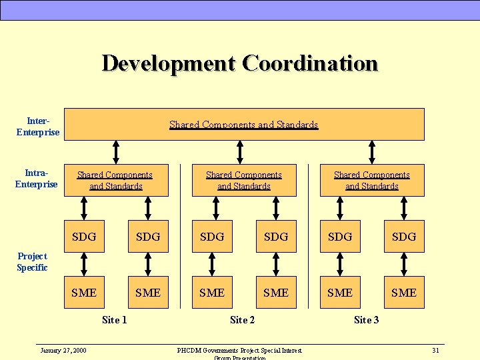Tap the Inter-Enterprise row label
pyautogui.click(x=38, y=127)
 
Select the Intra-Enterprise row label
pyautogui.click(x=37, y=179)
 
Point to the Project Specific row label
pyautogui.click(x=32, y=262)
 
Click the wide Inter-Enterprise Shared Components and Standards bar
pyautogui.click(x=244, y=125)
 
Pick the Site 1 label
pyautogui.click(x=115, y=320)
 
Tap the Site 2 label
pyautogui.click(x=243, y=320)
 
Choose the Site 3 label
pyautogui.click(x=367, y=320)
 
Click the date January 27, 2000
pyautogui.click(x=63, y=350)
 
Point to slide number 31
pyautogui.click(x=435, y=350)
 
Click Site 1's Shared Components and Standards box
pyautogui.click(x=115, y=180)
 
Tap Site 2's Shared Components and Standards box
pyautogui.click(x=244, y=180)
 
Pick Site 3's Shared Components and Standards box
pyautogui.click(x=372, y=180)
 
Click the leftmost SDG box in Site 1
pyautogui.click(x=84, y=237)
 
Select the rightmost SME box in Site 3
pyautogui.click(x=404, y=293)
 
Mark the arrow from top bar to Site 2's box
pyautogui.click(x=244, y=152)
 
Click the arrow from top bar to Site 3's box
pyautogui.click(x=372, y=152)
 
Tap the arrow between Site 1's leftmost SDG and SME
pyautogui.click(x=84, y=265)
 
